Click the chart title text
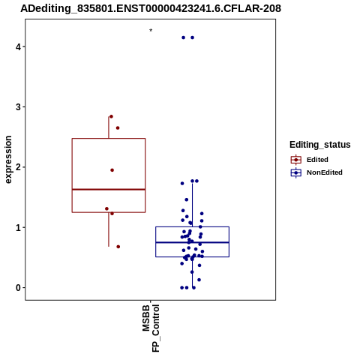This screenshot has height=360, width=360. point(151,8)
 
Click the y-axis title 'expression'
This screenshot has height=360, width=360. point(8,160)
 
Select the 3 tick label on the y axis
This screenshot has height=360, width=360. point(18,107)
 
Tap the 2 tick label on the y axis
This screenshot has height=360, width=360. point(18,167)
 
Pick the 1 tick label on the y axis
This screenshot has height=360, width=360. point(18,227)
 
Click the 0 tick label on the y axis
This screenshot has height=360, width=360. point(18,288)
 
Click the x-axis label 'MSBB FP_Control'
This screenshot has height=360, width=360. point(151,328)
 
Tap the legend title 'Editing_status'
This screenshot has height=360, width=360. point(320,145)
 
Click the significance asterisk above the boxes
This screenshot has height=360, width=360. point(151,30)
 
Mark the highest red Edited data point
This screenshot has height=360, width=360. point(111,116)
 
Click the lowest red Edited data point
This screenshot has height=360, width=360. point(118,247)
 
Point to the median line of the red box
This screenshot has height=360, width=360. point(109,190)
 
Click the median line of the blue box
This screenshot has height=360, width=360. point(193,242)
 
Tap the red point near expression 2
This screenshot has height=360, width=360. point(112,170)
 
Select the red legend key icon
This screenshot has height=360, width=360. point(296,160)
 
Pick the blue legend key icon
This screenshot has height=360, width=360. point(296,172)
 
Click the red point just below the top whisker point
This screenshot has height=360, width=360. point(118,128)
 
